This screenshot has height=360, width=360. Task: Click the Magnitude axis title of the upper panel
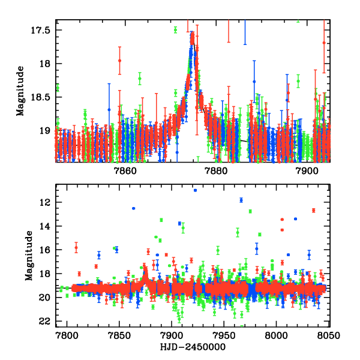point(21,91)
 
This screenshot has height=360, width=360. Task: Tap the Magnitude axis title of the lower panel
point(28,256)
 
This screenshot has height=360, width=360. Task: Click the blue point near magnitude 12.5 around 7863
point(133,208)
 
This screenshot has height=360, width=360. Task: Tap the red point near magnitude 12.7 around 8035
point(313,210)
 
